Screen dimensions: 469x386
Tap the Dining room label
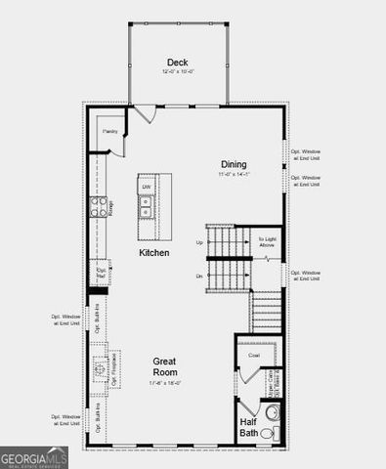point(233,164)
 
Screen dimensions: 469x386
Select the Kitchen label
point(153,252)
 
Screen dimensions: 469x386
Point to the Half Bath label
point(250,427)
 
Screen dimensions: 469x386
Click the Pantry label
point(110,131)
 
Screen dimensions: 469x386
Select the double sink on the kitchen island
point(146,207)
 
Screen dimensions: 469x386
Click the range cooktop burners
point(99,205)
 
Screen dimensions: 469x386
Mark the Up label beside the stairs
point(200,242)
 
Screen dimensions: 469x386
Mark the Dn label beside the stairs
point(199,277)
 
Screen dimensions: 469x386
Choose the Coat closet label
point(253,356)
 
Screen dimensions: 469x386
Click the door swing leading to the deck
point(145,114)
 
